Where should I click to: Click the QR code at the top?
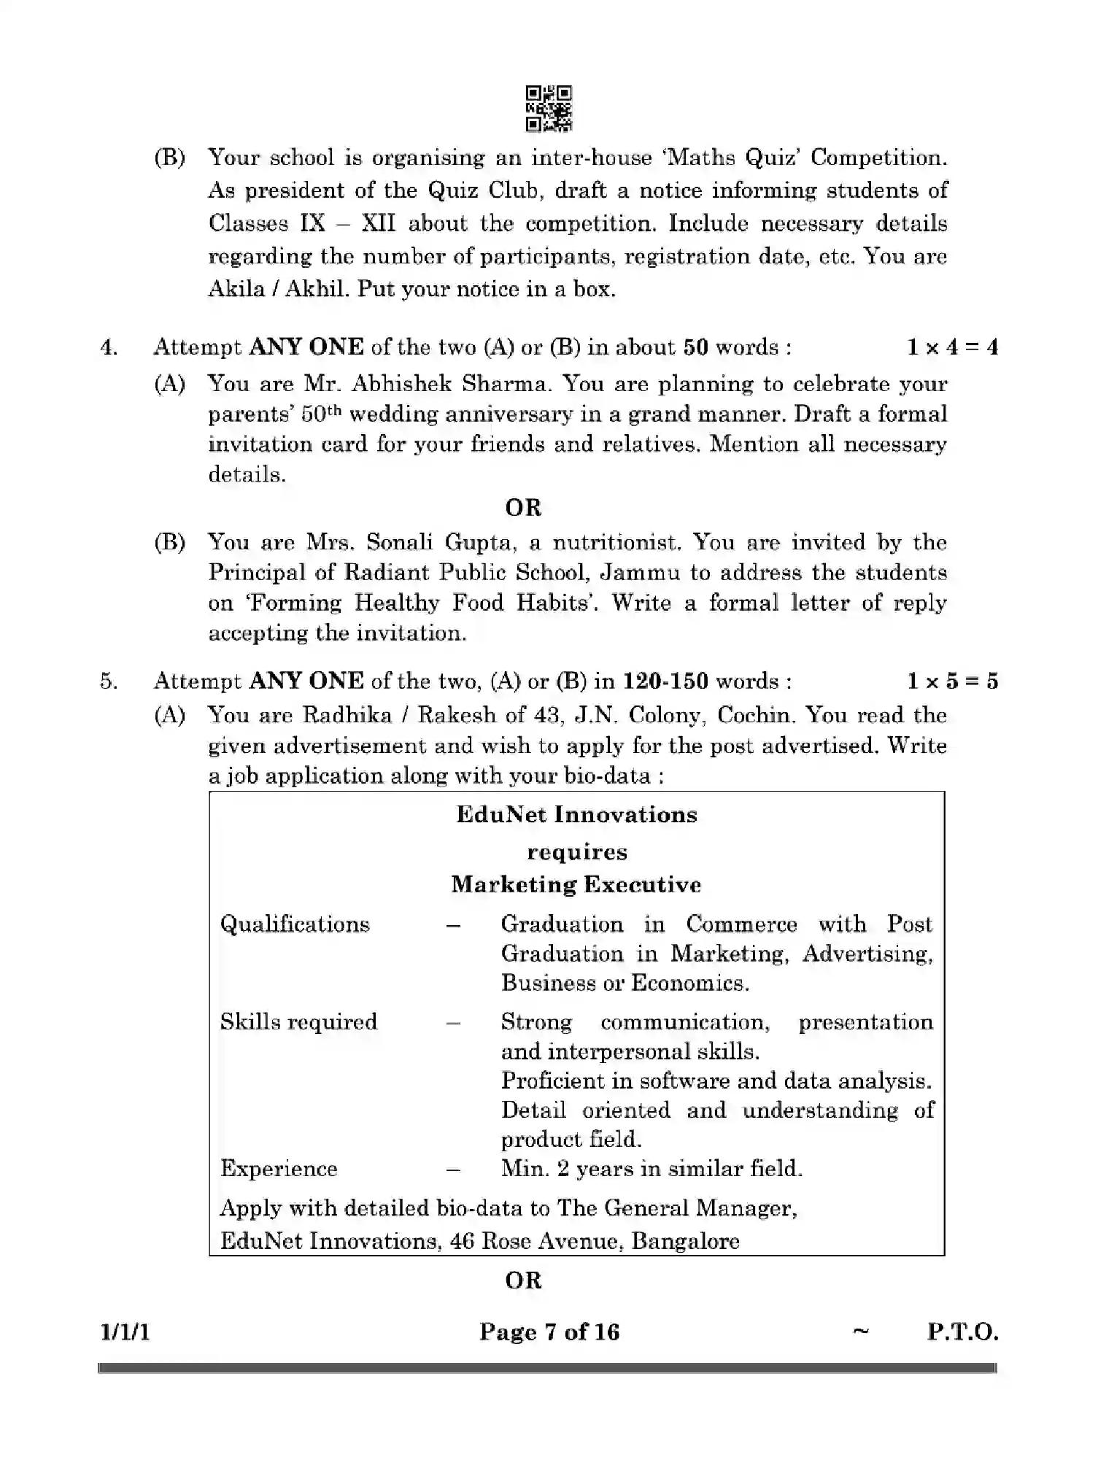549,109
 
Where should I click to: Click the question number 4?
109,347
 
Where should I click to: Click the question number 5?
109,681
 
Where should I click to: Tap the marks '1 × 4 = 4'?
952,347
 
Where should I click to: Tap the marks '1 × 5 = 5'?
952,681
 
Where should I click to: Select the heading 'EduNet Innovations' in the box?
576,814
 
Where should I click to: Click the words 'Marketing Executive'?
576,884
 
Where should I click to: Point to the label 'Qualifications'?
295,924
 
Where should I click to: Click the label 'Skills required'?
298,1021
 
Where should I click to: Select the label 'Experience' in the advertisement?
279,1168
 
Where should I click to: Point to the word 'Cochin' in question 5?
754,715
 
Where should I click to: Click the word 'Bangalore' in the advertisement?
685,1241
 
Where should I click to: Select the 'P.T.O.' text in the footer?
962,1332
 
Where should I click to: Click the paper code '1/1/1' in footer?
125,1332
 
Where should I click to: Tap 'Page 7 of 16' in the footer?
549,1332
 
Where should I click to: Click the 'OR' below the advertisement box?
523,1280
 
